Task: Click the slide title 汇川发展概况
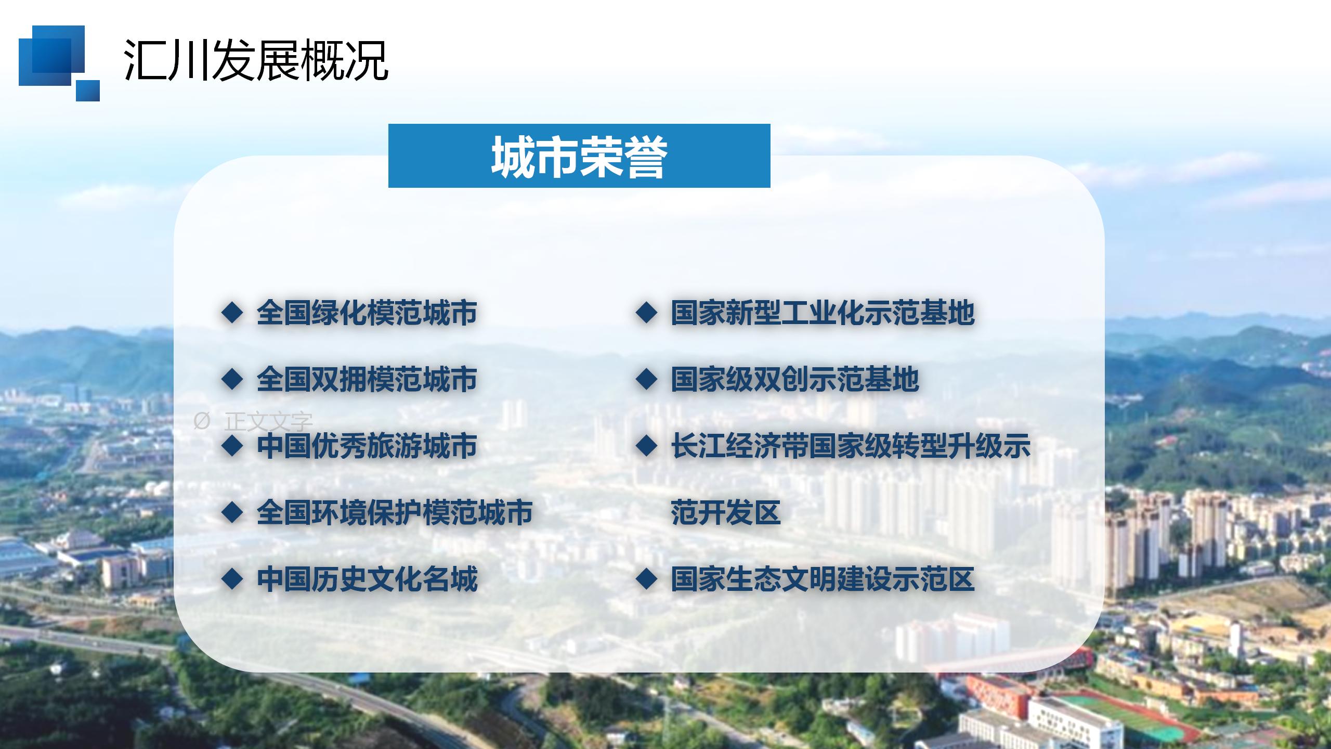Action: coord(256,60)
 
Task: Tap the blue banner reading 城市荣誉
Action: coord(579,156)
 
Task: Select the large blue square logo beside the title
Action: coord(51,56)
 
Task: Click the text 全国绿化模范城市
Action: coord(367,313)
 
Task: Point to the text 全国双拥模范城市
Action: coord(367,379)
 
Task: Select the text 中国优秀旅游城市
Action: coord(367,446)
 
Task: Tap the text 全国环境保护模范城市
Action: coord(395,512)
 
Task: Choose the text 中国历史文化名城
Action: coord(367,579)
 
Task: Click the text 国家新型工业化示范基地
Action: coord(823,313)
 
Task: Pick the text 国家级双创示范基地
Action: coord(795,379)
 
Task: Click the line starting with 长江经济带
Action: coord(851,446)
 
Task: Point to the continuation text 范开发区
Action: coord(726,512)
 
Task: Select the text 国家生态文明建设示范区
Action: coord(823,579)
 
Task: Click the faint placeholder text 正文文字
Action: coord(268,422)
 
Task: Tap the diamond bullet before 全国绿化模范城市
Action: coord(232,313)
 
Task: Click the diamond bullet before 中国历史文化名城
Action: coord(232,579)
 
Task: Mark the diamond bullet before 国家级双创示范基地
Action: coord(646,380)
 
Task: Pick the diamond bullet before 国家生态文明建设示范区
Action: coord(646,579)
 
